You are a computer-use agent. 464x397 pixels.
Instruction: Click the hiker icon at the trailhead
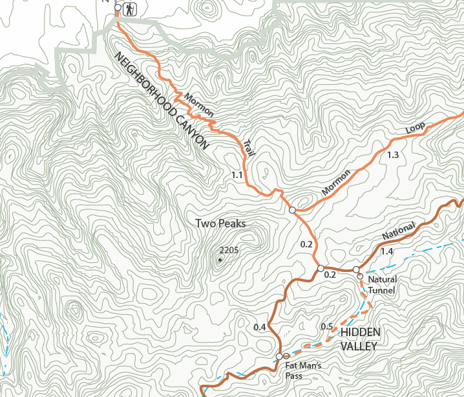point(130,9)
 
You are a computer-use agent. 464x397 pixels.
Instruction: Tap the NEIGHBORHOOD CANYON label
point(162,101)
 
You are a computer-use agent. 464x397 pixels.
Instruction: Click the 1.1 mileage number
point(237,175)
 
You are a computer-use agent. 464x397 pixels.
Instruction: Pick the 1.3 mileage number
point(392,155)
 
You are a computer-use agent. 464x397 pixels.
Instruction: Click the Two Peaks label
point(220,223)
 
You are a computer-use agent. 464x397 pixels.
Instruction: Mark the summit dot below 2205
point(220,260)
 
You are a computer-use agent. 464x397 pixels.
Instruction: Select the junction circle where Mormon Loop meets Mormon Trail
point(292,210)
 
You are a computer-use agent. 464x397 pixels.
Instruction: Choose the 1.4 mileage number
point(387,251)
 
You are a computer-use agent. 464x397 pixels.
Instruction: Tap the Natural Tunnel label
point(382,284)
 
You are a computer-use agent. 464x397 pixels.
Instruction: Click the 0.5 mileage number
point(327,326)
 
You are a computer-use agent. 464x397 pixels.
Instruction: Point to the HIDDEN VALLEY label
point(360,339)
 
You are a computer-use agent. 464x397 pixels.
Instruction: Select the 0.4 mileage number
point(260,327)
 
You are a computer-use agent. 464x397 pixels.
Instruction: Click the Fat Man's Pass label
point(303,370)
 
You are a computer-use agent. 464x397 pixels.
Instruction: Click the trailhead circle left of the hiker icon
point(118,8)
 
